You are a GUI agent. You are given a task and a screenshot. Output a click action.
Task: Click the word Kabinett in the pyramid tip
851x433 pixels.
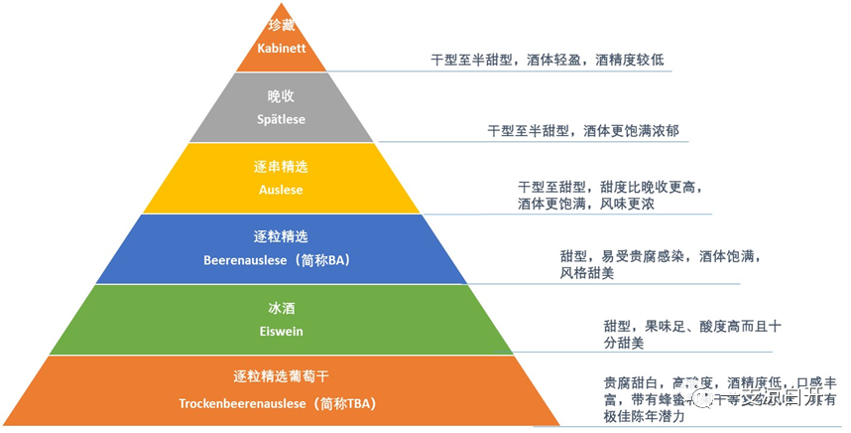coord(281,48)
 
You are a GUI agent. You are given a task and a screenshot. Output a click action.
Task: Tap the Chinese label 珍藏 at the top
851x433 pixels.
coord(281,24)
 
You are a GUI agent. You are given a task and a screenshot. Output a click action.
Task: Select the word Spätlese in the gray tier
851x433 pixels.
coord(281,119)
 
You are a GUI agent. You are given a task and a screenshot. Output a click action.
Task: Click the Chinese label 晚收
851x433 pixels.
coord(281,96)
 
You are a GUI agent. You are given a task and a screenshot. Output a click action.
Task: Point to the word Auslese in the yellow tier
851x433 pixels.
coord(281,190)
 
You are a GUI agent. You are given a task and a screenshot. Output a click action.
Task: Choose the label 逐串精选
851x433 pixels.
coord(281,166)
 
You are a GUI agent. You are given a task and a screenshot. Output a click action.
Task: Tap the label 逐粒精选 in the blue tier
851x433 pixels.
coord(281,236)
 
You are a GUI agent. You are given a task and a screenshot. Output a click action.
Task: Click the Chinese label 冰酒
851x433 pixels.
coord(281,308)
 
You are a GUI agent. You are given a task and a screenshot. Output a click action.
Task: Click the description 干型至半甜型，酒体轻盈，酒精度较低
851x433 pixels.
coord(547,60)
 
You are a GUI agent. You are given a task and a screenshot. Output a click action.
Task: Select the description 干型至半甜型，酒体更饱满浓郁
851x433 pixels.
coord(582,130)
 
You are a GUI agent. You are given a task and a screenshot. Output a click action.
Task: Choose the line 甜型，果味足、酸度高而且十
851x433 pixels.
coord(678,326)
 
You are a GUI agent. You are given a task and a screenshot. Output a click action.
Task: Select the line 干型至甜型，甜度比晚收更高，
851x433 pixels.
coord(616,187)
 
